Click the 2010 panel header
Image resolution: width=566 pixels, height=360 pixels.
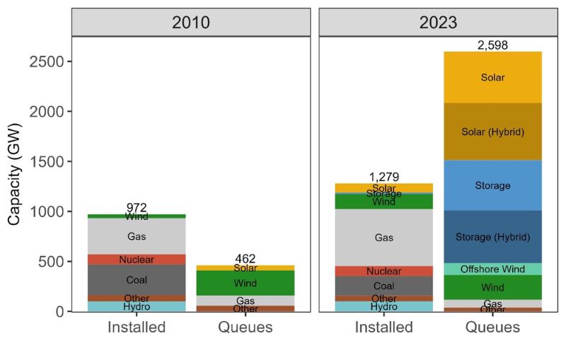pyautogui.click(x=191, y=22)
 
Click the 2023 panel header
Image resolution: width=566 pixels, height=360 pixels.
pyautogui.click(x=438, y=22)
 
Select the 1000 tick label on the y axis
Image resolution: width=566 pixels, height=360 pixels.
pyautogui.click(x=50, y=211)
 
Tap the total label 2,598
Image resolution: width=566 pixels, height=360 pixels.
pyautogui.click(x=492, y=45)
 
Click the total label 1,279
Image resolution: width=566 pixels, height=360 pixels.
pyautogui.click(x=383, y=177)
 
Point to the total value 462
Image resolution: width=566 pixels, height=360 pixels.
pyautogui.click(x=246, y=259)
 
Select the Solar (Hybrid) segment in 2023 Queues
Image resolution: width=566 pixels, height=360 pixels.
pyautogui.click(x=492, y=132)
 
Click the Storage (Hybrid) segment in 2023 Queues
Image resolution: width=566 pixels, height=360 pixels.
pyautogui.click(x=492, y=237)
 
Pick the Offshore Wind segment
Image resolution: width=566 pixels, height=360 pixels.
pyautogui.click(x=492, y=269)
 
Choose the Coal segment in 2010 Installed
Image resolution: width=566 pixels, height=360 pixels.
pyautogui.click(x=137, y=280)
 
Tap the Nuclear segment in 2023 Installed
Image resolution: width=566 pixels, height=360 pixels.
pyautogui.click(x=383, y=271)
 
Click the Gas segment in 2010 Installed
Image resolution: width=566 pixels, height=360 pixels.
pyautogui.click(x=137, y=236)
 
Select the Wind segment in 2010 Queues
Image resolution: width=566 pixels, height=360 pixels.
pyautogui.click(x=246, y=283)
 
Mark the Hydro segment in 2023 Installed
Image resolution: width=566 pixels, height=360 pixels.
pyautogui.click(x=383, y=306)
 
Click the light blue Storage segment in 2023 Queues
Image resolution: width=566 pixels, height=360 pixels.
pyautogui.click(x=492, y=185)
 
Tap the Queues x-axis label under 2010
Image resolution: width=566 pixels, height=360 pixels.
pyautogui.click(x=246, y=327)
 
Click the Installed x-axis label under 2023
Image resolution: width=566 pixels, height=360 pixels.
pyautogui.click(x=383, y=327)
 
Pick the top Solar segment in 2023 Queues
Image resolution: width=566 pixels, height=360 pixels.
pyautogui.click(x=492, y=78)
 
